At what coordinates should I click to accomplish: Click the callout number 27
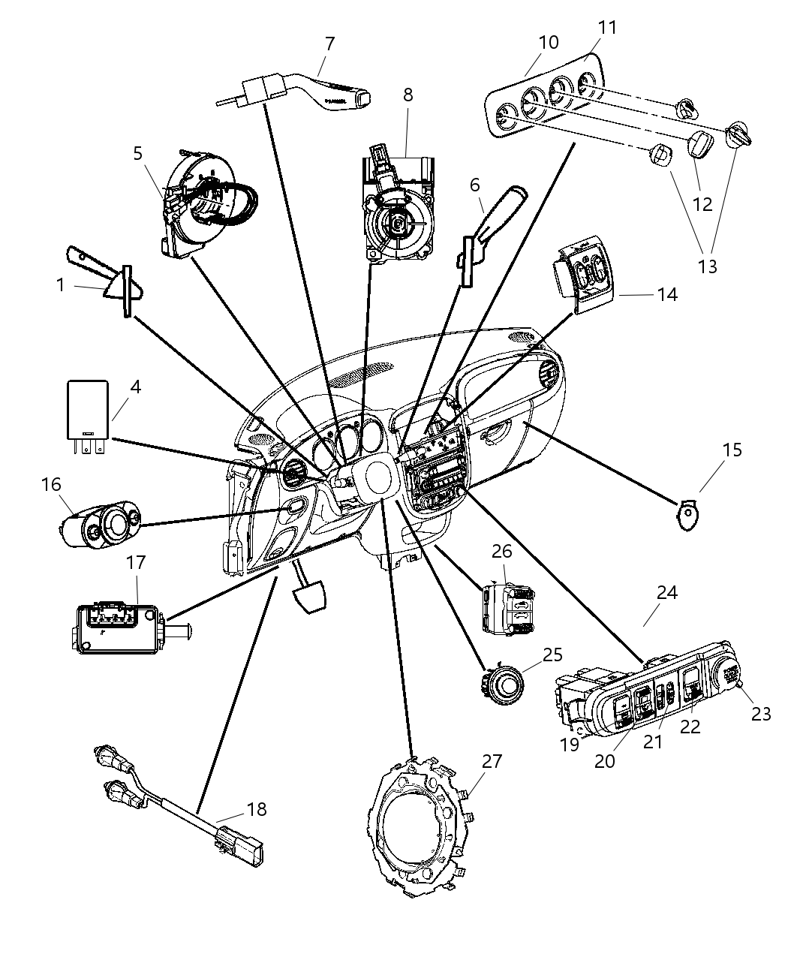click(492, 761)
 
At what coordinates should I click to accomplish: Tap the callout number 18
click(257, 809)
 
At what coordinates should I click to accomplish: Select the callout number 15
click(732, 450)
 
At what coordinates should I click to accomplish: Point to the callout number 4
click(135, 387)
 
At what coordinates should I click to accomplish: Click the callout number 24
click(666, 593)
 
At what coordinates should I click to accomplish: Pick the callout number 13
click(707, 266)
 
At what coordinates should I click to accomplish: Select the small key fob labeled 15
click(688, 517)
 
